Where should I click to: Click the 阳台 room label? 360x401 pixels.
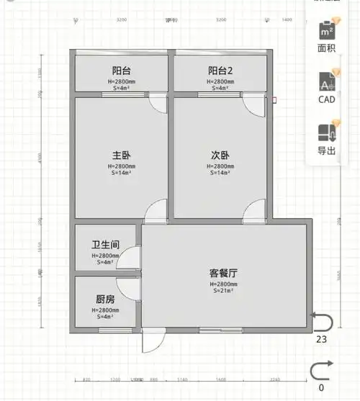coord(120,71)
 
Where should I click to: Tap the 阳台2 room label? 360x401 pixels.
coord(221,71)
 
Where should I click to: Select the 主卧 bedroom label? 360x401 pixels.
coord(120,155)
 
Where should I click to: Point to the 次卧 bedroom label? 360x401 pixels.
coord(220,155)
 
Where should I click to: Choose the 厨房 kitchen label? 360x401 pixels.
coord(105,299)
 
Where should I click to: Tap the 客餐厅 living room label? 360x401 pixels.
coord(224,273)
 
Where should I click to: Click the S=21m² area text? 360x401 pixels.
coord(224,291)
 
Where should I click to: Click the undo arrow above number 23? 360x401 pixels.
coord(321,320)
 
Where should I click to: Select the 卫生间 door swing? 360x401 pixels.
coord(131,258)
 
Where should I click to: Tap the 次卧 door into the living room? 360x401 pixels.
coord(255,213)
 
